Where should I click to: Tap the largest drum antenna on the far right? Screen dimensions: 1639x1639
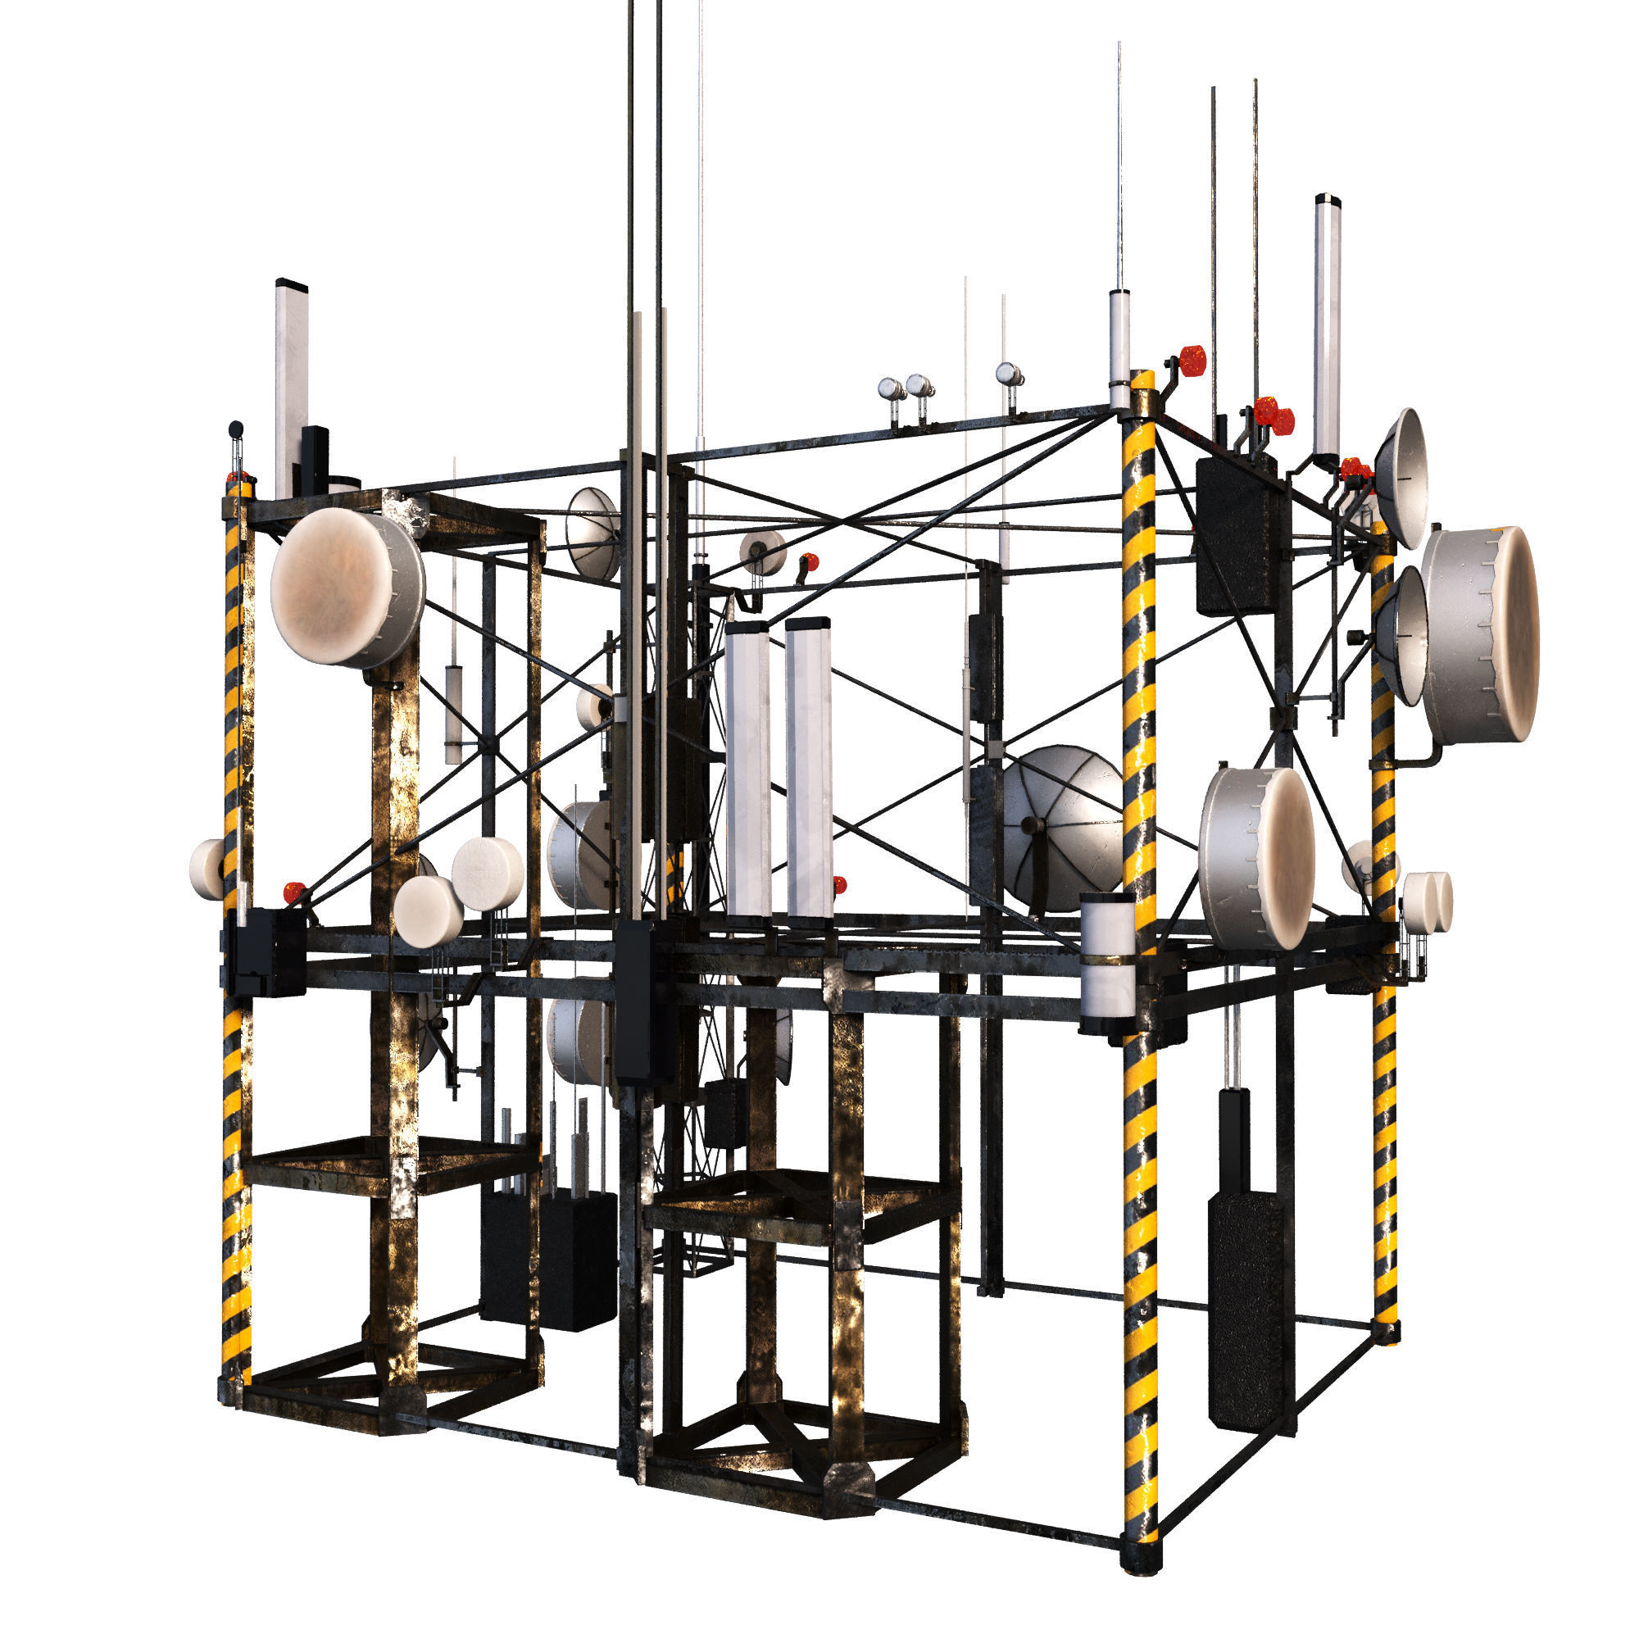[x=1483, y=633]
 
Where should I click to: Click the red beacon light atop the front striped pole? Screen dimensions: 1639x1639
[x=1191, y=360]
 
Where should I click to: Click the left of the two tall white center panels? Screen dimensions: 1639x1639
[x=747, y=770]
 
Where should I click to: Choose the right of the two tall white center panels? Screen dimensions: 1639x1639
[x=808, y=768]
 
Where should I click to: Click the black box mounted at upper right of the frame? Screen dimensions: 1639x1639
[x=1237, y=535]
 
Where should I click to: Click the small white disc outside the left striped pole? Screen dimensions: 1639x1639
[x=207, y=869]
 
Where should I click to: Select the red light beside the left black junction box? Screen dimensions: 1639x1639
[x=294, y=892]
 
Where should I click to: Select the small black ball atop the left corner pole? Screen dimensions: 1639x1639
[x=236, y=429]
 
